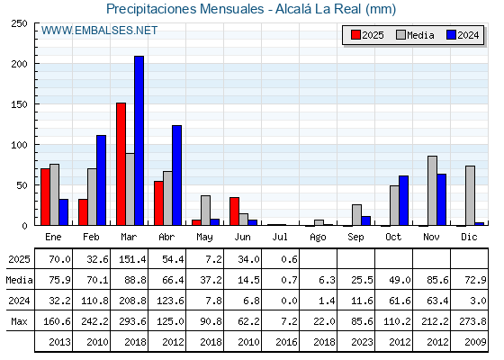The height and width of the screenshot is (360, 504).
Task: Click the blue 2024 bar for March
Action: [x=139, y=140]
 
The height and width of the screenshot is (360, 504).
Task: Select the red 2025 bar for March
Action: [x=121, y=164]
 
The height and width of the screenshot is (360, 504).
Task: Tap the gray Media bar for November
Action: [x=432, y=191]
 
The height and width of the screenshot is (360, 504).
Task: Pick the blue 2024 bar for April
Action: [x=176, y=175]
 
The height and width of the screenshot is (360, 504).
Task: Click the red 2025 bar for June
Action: [x=234, y=211]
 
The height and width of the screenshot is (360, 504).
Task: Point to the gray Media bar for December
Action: [x=470, y=195]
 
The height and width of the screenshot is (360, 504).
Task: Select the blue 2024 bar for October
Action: [x=404, y=200]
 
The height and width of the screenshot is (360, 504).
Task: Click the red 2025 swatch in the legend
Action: [x=355, y=35]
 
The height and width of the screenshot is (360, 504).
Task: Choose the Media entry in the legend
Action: [x=415, y=35]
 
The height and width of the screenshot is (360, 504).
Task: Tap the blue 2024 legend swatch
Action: [x=451, y=35]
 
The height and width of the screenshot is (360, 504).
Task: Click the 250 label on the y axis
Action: [x=19, y=23]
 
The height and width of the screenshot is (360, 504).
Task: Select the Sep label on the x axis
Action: [x=355, y=238]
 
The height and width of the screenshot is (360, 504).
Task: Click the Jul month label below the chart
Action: [x=280, y=237]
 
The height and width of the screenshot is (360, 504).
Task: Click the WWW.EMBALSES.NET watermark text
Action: [x=99, y=31]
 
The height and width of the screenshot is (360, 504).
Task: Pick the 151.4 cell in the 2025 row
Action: [x=132, y=259]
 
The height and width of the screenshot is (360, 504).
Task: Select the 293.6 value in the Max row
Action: [x=132, y=321]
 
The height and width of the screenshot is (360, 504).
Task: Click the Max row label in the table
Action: [x=19, y=321]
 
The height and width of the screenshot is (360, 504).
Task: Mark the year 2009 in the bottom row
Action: [x=475, y=342]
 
